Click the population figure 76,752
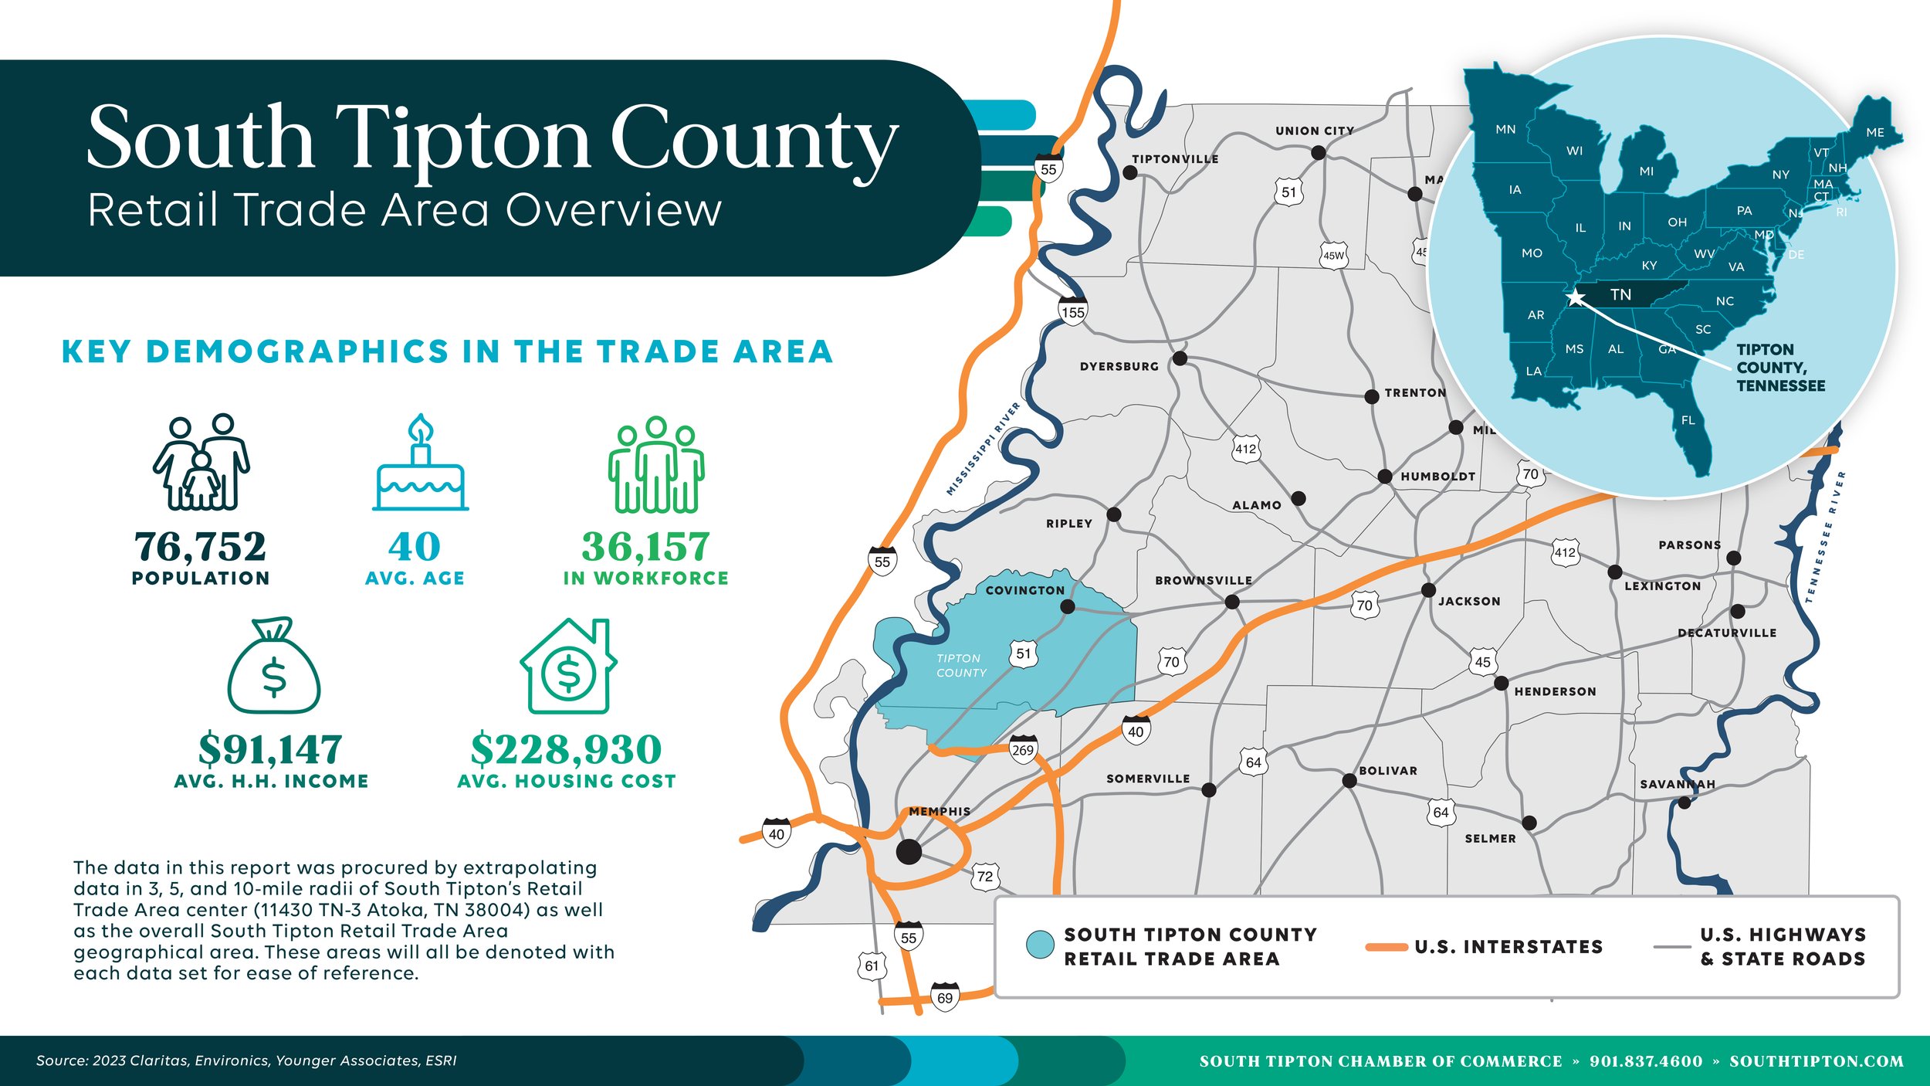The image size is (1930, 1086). point(200,547)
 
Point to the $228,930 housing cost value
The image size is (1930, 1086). point(566,749)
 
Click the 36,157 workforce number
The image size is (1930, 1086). point(645,547)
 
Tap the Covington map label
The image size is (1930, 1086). point(1024,590)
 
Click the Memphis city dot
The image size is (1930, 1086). point(909,852)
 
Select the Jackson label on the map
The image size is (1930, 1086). point(1469,601)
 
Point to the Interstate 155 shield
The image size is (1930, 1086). point(1072,311)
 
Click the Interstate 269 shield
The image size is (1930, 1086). point(1023,749)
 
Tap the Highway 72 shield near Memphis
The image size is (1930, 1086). point(985,877)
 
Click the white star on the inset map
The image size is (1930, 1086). point(1576,297)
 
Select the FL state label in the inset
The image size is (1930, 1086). point(1688,420)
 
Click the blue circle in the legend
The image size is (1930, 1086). point(1040,945)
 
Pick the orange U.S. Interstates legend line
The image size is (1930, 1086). point(1387,947)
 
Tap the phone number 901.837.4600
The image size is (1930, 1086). point(1646,1061)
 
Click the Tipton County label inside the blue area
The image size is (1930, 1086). point(960,666)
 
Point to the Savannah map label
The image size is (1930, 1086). point(1678,784)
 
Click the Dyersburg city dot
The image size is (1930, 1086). point(1180,358)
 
